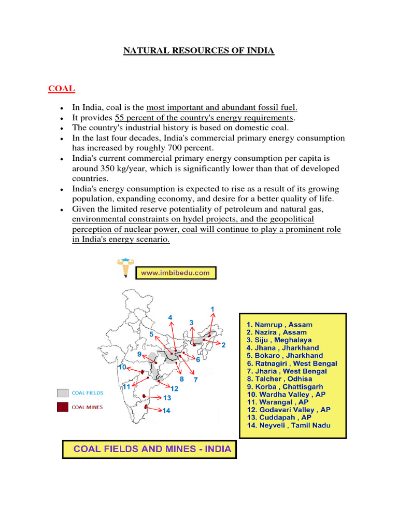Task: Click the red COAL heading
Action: tap(61, 89)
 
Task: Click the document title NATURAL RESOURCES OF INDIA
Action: tap(198, 51)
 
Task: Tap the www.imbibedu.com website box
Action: tap(176, 272)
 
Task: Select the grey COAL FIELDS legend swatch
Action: tap(63, 393)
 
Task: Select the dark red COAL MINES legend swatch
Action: tap(63, 407)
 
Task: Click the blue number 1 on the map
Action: tap(212, 310)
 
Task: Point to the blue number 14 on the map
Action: tap(166, 411)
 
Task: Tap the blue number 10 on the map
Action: tap(122, 367)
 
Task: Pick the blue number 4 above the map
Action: tap(170, 317)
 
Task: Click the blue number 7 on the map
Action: tap(195, 380)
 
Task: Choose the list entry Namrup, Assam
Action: tap(279, 325)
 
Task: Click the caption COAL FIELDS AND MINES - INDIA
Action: tap(149, 449)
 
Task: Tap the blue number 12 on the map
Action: tap(174, 388)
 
